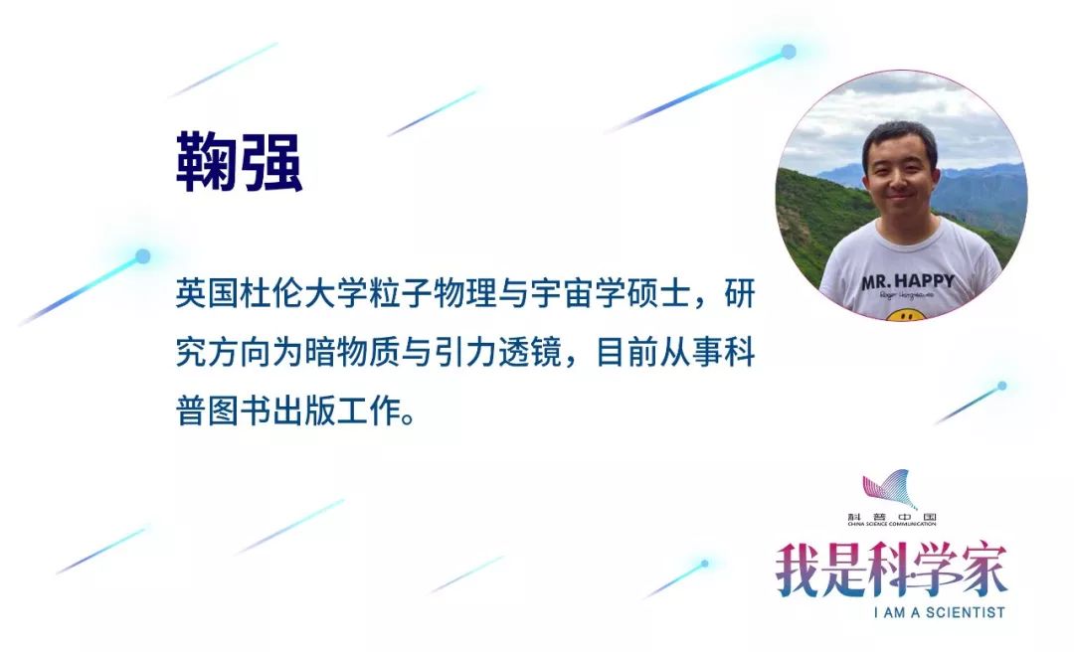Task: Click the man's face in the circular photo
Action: [x=899, y=174]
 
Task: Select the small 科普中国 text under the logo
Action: [x=889, y=518]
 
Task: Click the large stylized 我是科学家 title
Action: [x=891, y=570]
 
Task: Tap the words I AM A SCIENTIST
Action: [x=939, y=612]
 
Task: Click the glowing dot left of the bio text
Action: [x=142, y=256]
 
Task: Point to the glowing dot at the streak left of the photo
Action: [x=789, y=52]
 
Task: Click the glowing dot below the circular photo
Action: [x=1001, y=386]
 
